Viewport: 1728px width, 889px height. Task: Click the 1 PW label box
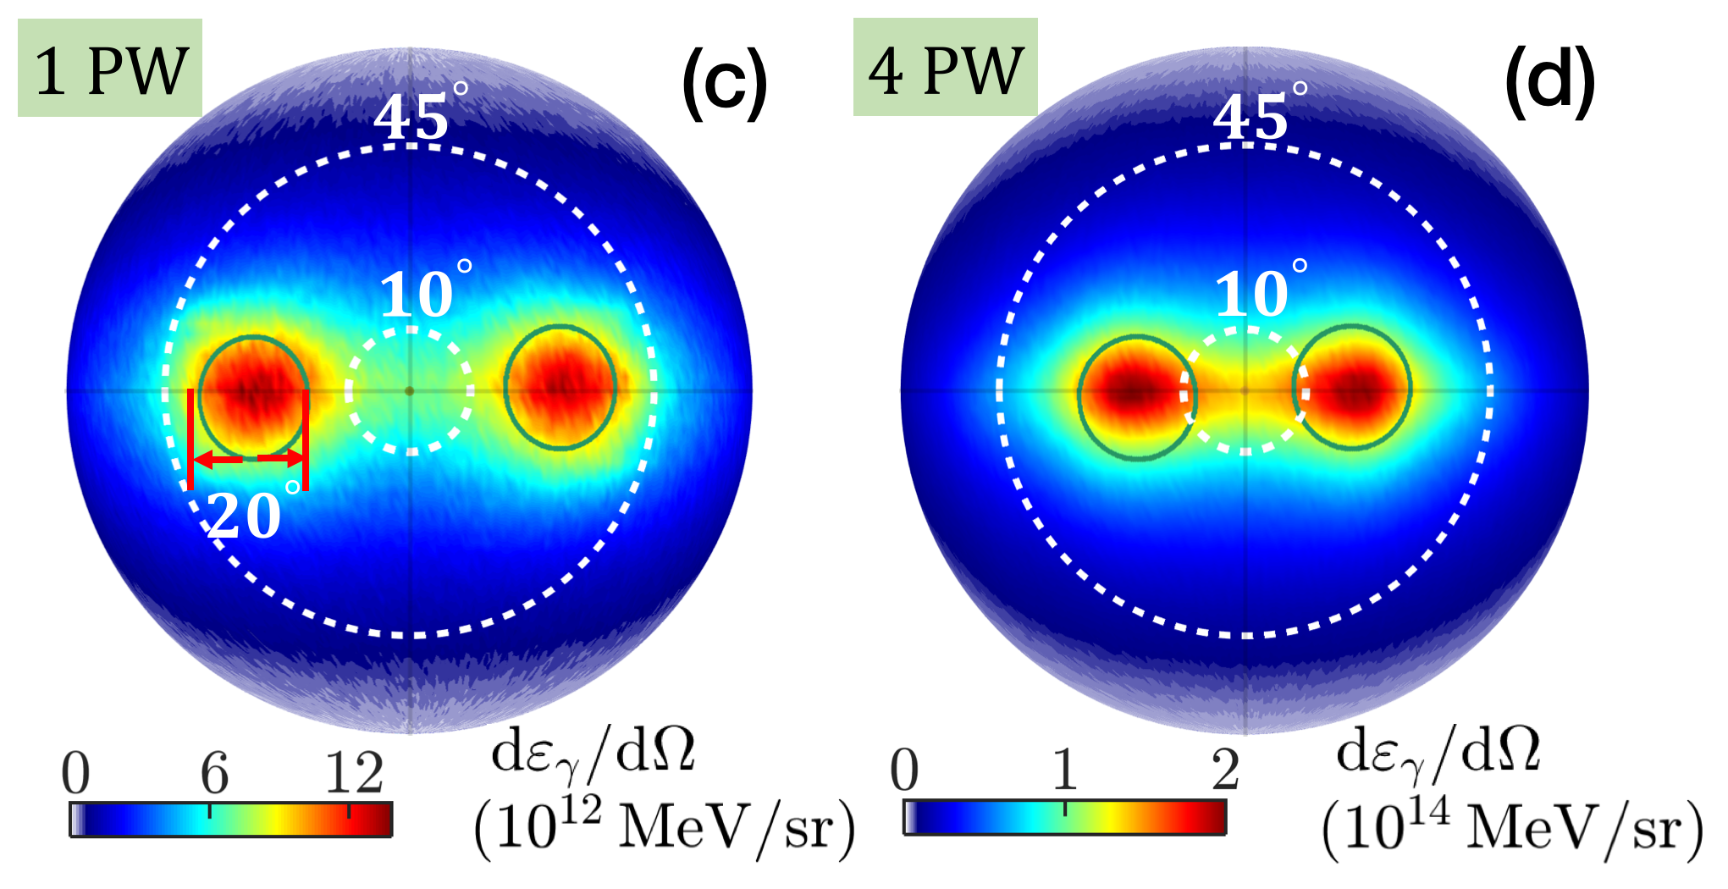click(110, 69)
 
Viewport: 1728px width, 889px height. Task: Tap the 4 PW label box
click(945, 68)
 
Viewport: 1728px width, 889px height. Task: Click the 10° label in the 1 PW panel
click(422, 293)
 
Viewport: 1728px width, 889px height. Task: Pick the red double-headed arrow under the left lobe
click(248, 460)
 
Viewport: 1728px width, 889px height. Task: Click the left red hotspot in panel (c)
click(252, 392)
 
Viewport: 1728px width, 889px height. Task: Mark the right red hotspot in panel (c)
click(560, 388)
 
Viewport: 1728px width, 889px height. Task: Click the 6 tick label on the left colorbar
click(214, 772)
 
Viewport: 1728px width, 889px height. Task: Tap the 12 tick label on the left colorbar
click(354, 772)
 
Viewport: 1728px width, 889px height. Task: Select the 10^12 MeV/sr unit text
click(664, 826)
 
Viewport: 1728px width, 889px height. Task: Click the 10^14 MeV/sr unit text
click(1512, 826)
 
